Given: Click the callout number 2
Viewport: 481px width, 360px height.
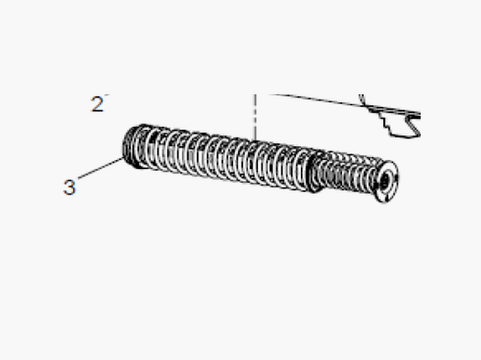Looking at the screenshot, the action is click(x=98, y=104).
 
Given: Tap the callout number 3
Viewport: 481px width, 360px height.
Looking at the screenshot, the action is click(x=69, y=187).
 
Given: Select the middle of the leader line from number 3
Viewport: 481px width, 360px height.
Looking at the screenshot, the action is click(x=101, y=167).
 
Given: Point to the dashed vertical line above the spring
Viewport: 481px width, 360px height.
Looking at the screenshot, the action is click(x=255, y=118).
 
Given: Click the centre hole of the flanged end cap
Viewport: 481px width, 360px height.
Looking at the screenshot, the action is click(x=384, y=182).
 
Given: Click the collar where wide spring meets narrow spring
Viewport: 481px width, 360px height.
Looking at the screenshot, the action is click(x=315, y=172).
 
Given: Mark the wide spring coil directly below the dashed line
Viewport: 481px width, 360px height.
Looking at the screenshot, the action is click(x=255, y=163).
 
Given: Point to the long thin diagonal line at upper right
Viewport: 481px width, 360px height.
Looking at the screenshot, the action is click(x=344, y=103).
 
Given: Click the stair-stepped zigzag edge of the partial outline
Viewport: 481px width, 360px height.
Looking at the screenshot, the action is click(x=385, y=122).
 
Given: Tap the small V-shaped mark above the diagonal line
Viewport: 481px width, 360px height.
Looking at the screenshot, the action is click(x=362, y=101).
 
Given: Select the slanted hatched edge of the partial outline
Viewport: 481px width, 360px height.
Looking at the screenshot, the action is click(x=413, y=125).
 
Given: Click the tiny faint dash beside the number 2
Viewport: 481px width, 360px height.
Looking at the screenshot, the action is click(x=107, y=95).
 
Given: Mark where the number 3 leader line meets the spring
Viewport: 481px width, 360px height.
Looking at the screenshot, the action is click(x=124, y=158).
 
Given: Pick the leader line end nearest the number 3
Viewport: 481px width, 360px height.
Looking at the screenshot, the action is click(x=79, y=178).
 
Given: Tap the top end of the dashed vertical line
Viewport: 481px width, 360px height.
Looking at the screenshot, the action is click(x=255, y=95).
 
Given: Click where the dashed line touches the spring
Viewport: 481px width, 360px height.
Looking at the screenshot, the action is click(x=255, y=142).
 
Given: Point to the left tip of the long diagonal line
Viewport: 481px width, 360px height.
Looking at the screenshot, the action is click(x=269, y=94).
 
